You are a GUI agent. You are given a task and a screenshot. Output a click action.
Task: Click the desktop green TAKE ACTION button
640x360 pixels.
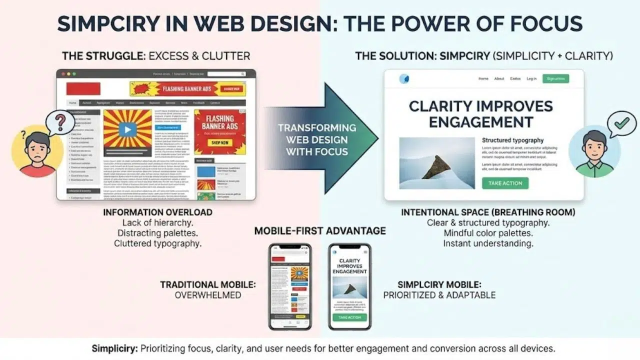505,183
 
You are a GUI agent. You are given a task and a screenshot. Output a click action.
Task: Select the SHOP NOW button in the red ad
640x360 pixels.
220,143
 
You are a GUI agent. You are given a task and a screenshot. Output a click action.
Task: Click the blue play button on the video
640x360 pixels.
127,129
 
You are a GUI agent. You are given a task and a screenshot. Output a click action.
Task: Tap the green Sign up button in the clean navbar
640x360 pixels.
555,78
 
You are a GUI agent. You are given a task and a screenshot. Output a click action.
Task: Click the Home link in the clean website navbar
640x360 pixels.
483,78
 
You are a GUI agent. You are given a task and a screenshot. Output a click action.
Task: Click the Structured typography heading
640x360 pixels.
512,140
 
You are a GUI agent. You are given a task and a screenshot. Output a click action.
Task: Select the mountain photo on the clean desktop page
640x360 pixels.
436,163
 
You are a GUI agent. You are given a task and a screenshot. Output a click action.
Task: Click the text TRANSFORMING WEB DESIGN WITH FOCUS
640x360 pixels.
317,139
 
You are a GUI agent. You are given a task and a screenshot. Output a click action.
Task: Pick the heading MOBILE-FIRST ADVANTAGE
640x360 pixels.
320,230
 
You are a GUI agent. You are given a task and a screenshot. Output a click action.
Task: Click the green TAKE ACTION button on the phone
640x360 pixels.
349,317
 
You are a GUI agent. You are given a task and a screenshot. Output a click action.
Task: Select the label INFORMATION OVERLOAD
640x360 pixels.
157,212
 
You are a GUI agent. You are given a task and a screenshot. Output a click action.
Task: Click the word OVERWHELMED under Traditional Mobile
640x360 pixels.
207,295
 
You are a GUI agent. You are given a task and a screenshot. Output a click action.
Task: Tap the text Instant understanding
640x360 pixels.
488,243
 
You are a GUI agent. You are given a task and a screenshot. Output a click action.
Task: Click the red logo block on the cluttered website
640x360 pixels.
83,88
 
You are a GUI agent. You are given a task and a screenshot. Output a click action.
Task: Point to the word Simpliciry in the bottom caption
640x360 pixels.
115,348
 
